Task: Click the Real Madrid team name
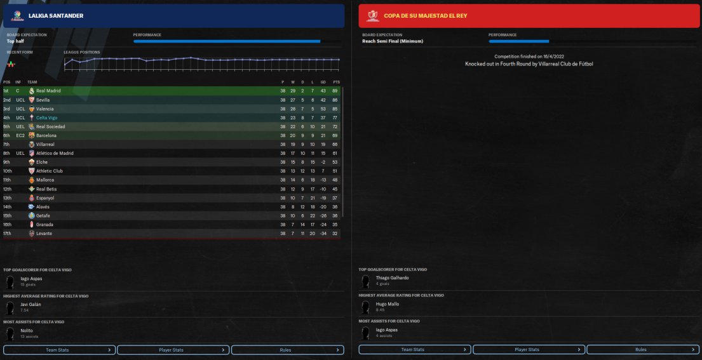[x=48, y=91]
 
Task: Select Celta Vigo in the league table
[x=47, y=117]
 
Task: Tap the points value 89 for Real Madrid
[x=336, y=91]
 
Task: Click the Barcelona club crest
[x=32, y=135]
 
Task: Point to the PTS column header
[x=336, y=82]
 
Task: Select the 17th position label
[x=7, y=234]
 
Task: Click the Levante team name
[x=44, y=234]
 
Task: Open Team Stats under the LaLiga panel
[x=59, y=350]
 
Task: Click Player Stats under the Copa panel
[x=527, y=350]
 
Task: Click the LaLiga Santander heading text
[x=56, y=16]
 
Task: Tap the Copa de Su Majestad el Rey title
[x=425, y=16]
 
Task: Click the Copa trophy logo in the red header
[x=373, y=16]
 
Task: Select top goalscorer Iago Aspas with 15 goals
[x=32, y=277]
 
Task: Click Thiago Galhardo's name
[x=393, y=277]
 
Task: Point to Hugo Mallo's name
[x=388, y=304]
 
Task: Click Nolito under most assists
[x=27, y=331]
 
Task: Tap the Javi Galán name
[x=31, y=304]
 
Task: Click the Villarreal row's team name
[x=46, y=144]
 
